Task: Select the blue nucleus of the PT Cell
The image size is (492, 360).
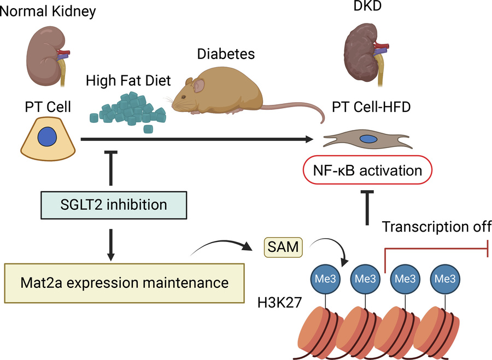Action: pyautogui.click(x=48, y=137)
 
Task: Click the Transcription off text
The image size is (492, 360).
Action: pyautogui.click(x=436, y=226)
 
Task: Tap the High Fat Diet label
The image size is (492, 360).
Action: pyautogui.click(x=128, y=81)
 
